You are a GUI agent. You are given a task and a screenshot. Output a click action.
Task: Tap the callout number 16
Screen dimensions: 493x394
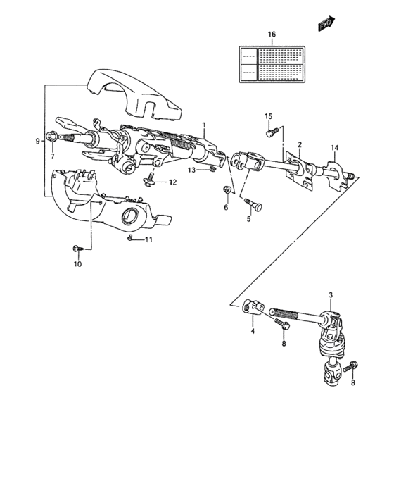[x=272, y=34]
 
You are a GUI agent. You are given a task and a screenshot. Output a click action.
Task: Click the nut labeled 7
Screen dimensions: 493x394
[x=53, y=136]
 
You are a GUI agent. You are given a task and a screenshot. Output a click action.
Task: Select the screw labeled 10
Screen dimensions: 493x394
[x=77, y=248]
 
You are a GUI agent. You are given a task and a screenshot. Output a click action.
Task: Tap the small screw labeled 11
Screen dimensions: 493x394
[x=132, y=239]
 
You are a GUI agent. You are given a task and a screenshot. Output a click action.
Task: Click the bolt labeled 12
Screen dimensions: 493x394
[x=148, y=182]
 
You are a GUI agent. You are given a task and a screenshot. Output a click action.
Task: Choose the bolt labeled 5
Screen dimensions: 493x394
[x=253, y=204]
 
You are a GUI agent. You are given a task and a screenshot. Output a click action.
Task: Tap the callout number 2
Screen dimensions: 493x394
[x=299, y=145]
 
